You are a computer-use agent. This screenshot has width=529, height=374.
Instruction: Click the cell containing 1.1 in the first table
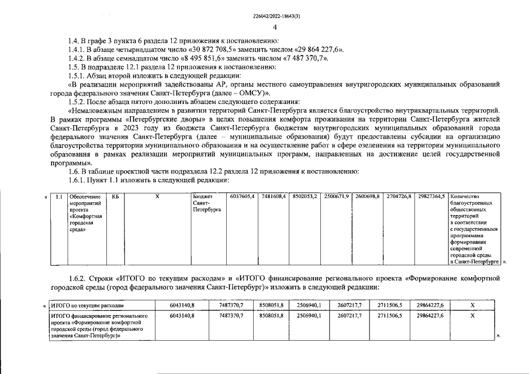click(58, 196)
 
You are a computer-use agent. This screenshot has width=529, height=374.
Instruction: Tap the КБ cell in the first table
click(115, 196)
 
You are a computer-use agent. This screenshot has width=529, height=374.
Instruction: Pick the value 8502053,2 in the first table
click(304, 196)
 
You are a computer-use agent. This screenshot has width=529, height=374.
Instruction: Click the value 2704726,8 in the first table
click(399, 196)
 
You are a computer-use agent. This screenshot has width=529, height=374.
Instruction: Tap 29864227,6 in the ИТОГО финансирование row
click(430, 315)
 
